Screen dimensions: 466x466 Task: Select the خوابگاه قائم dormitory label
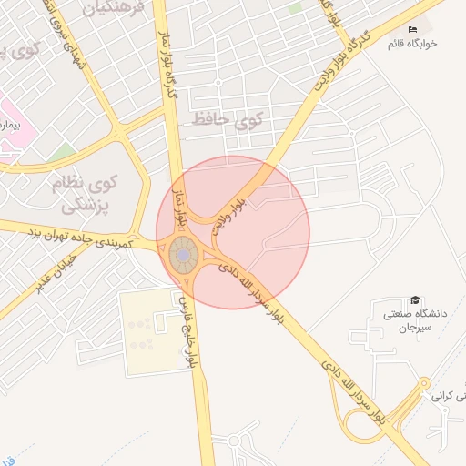(x=415, y=43)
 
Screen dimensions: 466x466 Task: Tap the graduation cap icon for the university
(x=416, y=300)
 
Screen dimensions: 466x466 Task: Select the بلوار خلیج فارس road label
(x=187, y=328)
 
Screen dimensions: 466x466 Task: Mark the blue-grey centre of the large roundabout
(x=183, y=257)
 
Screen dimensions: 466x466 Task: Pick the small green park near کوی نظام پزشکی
(x=64, y=151)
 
